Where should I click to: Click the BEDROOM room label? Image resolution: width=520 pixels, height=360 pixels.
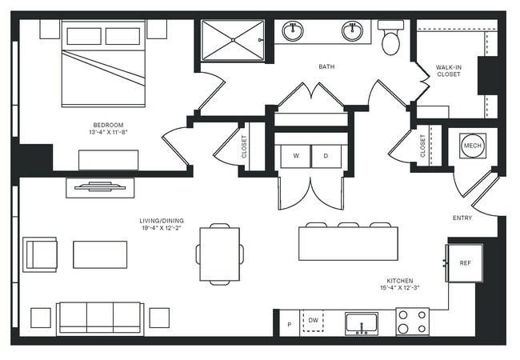[x=107, y=125]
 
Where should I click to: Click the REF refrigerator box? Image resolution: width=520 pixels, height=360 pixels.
[x=465, y=263]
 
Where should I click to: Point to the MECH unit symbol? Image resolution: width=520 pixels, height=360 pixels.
[x=472, y=146]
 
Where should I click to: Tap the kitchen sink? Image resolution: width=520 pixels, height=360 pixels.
[x=362, y=323]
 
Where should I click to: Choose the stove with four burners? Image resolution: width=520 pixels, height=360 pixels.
[x=412, y=322]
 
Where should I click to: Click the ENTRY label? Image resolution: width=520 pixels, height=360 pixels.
[x=462, y=218]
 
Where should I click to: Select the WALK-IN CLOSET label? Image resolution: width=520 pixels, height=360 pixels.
[x=448, y=70]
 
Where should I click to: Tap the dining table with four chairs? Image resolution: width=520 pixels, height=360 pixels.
[x=219, y=254]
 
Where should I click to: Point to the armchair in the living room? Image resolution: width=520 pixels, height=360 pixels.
[x=40, y=254]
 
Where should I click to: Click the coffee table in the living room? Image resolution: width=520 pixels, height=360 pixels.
[x=100, y=254]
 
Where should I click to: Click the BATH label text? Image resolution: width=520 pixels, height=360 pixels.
[x=326, y=67]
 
